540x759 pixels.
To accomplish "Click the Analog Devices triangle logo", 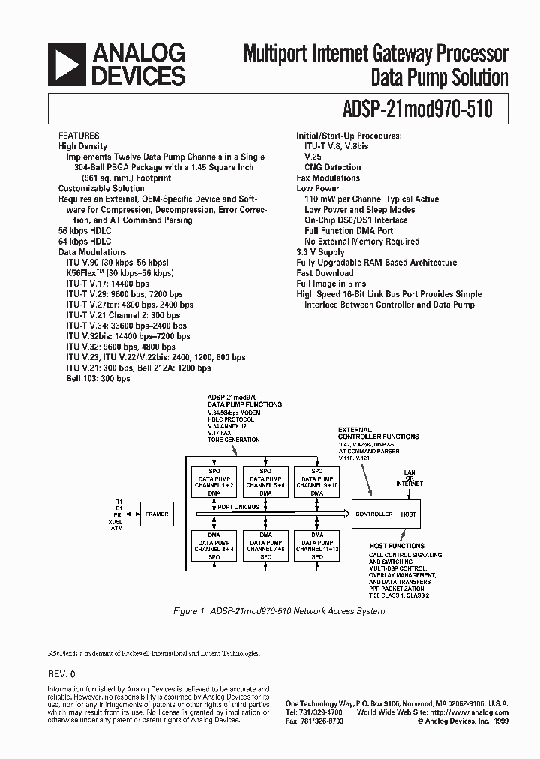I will (67, 63).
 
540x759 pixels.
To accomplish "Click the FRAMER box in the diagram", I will (157, 514).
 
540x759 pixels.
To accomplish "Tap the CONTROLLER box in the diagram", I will (374, 514).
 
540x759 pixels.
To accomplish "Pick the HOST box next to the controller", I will (409, 514).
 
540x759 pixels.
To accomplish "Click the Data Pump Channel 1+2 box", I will (214, 481).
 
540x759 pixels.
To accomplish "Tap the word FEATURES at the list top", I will (79, 136).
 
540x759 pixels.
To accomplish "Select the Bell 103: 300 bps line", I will (97, 379).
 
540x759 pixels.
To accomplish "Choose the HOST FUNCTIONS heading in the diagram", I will (397, 545).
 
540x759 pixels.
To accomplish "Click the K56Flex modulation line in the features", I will (117, 273).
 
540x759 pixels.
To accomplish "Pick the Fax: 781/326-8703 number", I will (316, 721).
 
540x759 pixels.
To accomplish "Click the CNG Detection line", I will (332, 167).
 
